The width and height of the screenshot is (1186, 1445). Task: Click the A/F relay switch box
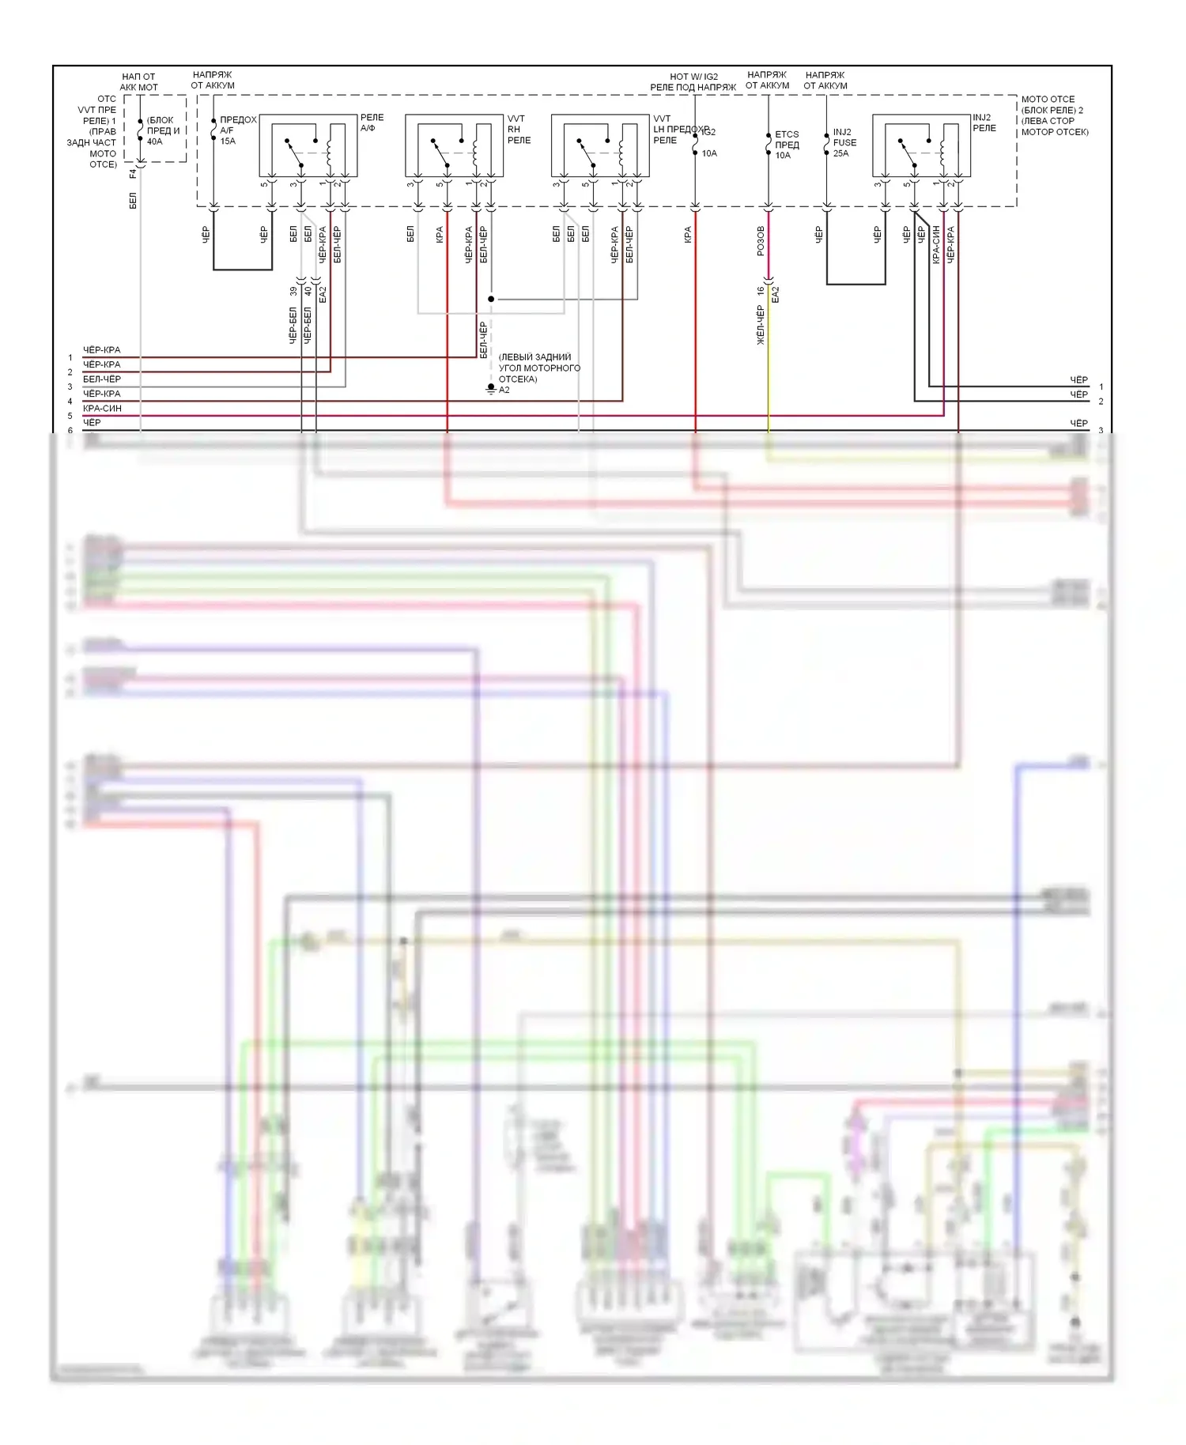click(308, 145)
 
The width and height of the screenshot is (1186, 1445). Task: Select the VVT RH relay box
click(454, 145)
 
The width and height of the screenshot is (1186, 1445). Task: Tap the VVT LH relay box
click(600, 145)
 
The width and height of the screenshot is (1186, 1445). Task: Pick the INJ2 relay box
click(921, 145)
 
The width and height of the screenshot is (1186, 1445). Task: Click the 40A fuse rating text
click(155, 142)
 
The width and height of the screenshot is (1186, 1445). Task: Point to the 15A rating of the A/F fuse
click(228, 141)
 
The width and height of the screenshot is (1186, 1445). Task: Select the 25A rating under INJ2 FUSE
click(840, 153)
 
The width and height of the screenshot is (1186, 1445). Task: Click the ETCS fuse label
click(787, 135)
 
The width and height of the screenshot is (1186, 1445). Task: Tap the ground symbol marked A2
click(491, 389)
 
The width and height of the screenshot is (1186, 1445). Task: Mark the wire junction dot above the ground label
click(491, 300)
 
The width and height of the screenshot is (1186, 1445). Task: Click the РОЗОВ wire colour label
click(761, 241)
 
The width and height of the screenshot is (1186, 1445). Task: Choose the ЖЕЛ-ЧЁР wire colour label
click(761, 325)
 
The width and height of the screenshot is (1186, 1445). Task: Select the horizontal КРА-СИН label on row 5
click(102, 409)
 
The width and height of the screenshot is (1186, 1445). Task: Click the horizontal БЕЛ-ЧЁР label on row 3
click(102, 379)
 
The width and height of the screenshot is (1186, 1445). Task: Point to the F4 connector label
click(133, 172)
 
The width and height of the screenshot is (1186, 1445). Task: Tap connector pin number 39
click(293, 292)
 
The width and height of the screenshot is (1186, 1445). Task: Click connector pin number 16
click(761, 291)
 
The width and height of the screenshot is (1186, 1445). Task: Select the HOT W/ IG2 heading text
click(693, 77)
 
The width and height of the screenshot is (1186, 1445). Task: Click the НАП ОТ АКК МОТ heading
click(138, 82)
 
